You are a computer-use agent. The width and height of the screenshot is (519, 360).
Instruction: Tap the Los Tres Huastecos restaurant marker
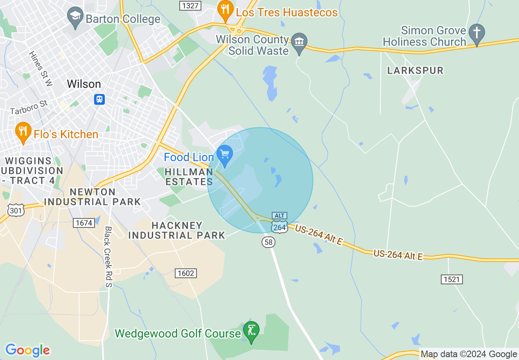[225, 10]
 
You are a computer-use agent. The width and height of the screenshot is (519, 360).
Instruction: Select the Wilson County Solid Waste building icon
[299, 42]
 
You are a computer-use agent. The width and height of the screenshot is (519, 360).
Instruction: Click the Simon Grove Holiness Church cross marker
[476, 33]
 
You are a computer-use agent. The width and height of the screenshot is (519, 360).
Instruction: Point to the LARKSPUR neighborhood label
[415, 70]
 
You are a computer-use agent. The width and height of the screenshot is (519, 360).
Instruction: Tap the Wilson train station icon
[99, 99]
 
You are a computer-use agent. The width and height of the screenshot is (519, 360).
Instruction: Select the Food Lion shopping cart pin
[224, 155]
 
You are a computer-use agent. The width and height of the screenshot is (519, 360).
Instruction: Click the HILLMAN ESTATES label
[189, 177]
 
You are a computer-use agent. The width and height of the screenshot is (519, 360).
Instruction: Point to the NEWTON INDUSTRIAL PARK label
[93, 197]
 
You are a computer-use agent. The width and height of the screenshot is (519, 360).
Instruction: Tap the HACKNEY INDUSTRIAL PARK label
[177, 230]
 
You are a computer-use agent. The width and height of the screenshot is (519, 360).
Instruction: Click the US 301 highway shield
[16, 210]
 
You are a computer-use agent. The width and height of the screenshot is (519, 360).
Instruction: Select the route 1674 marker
[83, 223]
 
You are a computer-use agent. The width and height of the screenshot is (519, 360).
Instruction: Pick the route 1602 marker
[185, 273]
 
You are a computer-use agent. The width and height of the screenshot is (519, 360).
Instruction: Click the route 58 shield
[268, 242]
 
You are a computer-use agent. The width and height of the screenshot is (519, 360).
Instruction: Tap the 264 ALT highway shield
[280, 223]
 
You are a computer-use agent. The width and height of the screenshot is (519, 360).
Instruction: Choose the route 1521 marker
[452, 279]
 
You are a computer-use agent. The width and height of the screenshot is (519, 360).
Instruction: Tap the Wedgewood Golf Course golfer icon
[251, 330]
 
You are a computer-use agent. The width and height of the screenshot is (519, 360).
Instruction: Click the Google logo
[27, 350]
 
